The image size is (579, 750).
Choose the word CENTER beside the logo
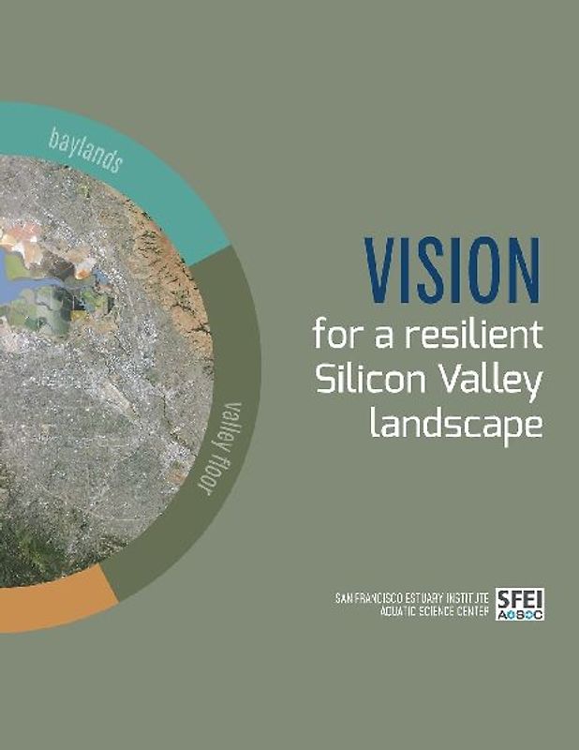pos(482,610)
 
